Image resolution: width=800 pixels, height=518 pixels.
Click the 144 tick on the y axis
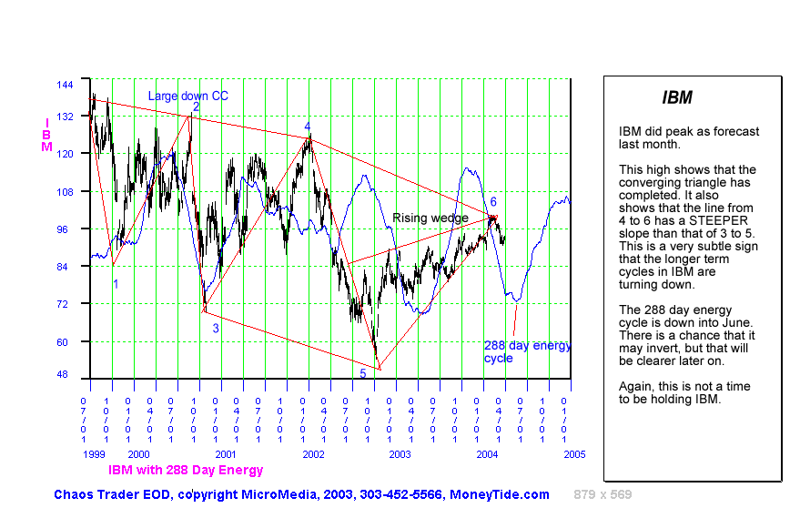pos(64,84)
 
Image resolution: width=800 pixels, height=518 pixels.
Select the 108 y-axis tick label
pos(64,192)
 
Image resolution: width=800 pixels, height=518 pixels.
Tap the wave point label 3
pos(216,328)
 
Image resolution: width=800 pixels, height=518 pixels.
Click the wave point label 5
pos(362,373)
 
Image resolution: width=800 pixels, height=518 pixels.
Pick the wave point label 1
pos(116,284)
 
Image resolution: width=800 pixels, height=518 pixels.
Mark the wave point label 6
pos(493,201)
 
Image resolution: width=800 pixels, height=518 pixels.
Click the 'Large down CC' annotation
pos(188,96)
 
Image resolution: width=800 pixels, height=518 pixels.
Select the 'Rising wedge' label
pos(430,218)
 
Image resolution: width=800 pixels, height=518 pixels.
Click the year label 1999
pos(95,453)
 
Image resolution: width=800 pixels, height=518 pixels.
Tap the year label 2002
pos(313,453)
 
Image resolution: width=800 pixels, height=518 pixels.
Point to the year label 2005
pos(573,453)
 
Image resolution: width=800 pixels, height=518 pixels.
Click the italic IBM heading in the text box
pos(676,97)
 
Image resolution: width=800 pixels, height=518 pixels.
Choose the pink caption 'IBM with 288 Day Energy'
pos(186,470)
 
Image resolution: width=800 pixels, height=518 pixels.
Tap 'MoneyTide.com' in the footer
pos(500,494)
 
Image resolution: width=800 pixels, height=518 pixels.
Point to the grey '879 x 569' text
pos(603,494)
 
